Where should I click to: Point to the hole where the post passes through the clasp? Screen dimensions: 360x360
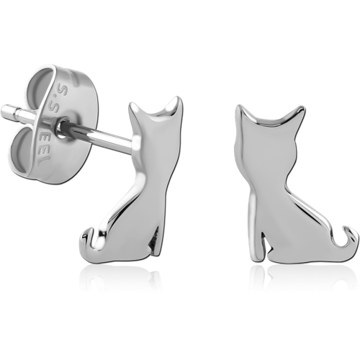(x=61, y=127)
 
